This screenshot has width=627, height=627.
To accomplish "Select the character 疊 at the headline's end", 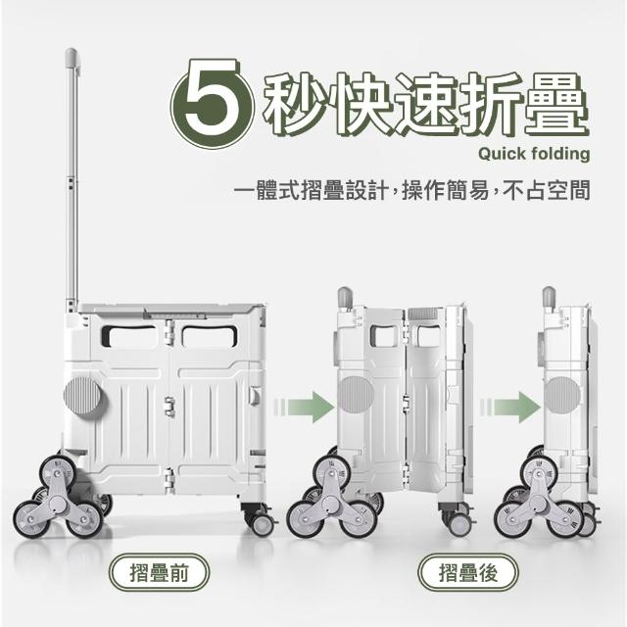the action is pyautogui.click(x=555, y=103).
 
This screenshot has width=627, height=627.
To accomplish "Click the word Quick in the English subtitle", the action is pyautogui.click(x=502, y=154).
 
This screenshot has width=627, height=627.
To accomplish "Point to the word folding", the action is pyautogui.click(x=560, y=155).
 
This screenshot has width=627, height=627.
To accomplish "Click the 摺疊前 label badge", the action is pyautogui.click(x=159, y=572).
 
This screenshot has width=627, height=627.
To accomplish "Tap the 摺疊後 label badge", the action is pyautogui.click(x=468, y=572).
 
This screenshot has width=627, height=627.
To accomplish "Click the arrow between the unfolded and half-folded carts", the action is pyautogui.click(x=304, y=408).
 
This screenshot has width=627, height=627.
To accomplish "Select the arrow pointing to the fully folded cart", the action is pyautogui.click(x=510, y=408).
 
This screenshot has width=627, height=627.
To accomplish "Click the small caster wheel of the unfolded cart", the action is pyautogui.click(x=263, y=525).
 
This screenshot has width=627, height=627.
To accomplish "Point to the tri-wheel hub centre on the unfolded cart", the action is pyautogui.click(x=58, y=503).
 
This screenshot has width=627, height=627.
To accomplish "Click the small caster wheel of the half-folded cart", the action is pyautogui.click(x=459, y=524).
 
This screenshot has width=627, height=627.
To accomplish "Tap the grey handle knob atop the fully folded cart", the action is pyautogui.click(x=549, y=297).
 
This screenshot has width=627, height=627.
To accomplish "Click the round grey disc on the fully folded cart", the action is pyautogui.click(x=561, y=395).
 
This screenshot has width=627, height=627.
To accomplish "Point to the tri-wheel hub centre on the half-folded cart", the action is pyautogui.click(x=332, y=502).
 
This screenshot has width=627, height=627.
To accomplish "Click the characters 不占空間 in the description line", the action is pyautogui.click(x=547, y=190).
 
